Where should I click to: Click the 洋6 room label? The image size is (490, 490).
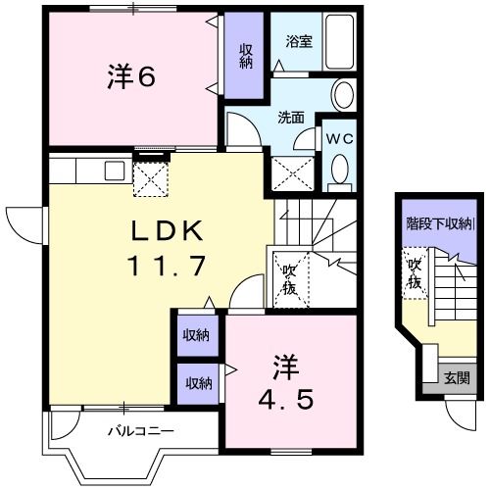[x=130, y=76]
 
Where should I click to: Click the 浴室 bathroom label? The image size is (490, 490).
[x=298, y=41]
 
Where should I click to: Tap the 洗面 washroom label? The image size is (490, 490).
[x=290, y=118]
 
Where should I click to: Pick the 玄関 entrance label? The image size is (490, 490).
[x=457, y=377]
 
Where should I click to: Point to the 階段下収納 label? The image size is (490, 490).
[x=439, y=222]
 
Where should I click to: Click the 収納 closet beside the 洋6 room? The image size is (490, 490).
[x=245, y=54]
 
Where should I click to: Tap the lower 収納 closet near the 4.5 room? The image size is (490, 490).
[x=196, y=383]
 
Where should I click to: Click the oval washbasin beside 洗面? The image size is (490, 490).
[x=343, y=96]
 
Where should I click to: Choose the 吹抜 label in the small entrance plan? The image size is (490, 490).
[x=414, y=273]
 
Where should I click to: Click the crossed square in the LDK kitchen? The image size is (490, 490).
[x=152, y=180]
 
